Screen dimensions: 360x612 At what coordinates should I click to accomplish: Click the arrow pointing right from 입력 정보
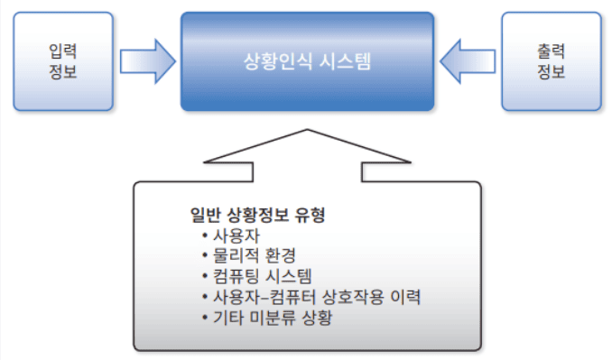[150, 60]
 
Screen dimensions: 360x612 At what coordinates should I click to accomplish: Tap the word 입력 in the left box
[63, 52]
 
